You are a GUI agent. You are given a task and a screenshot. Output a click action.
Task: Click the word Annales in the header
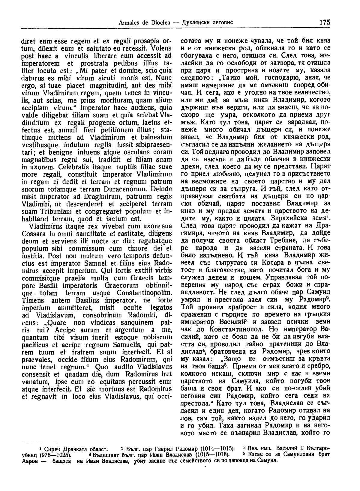pos(128,22)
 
